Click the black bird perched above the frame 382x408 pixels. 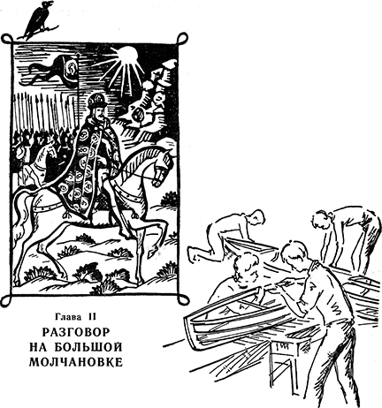point(37,19)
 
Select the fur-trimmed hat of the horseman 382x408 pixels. point(97,101)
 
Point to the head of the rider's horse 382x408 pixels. point(162,165)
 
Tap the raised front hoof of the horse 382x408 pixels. point(152,253)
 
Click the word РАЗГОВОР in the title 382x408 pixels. point(76,332)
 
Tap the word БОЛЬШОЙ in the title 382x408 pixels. point(88,347)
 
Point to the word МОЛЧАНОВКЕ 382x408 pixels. point(76,362)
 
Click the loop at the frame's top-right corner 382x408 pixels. point(182,38)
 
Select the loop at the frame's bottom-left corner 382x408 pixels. point(6,300)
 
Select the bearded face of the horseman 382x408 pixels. point(100,114)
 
